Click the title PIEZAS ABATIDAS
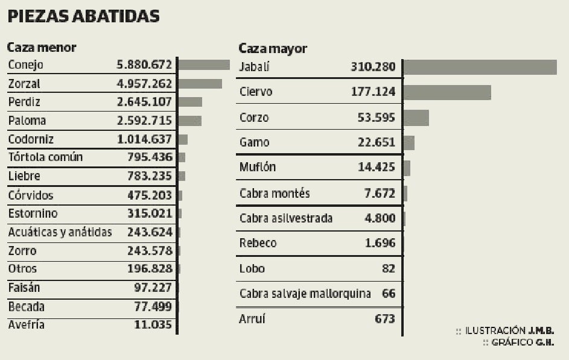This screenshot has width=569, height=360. [83, 16]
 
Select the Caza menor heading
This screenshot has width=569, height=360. [42, 47]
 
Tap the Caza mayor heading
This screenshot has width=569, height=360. [273, 48]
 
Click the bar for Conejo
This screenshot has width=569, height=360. [204, 65]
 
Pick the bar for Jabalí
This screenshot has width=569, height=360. [480, 67]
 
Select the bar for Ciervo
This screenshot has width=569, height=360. [447, 92]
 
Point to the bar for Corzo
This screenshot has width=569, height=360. [416, 118]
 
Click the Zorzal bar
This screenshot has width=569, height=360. [200, 84]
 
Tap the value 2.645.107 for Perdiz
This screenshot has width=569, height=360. [144, 102]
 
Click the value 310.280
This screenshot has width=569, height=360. [373, 66]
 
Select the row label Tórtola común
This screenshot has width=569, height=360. [45, 157]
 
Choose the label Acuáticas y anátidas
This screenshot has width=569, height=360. [60, 232]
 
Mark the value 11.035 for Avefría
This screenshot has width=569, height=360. [153, 325]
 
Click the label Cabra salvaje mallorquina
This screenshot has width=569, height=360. [305, 294]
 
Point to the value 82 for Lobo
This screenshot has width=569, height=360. [388, 268]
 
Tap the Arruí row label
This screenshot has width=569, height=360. [252, 319]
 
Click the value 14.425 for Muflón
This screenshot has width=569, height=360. [377, 167]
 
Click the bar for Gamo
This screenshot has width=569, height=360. [408, 143]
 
